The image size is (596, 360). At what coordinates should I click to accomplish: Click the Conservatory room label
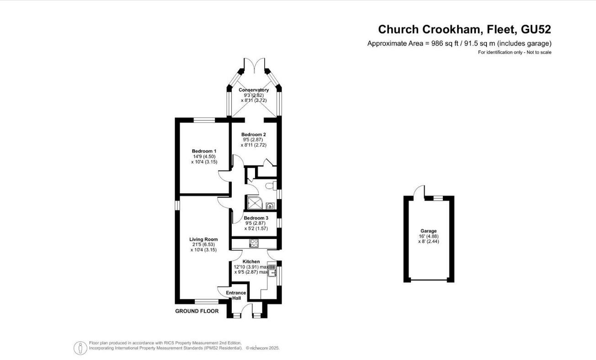click(254, 90)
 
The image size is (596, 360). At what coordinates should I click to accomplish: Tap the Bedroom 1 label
click(204, 151)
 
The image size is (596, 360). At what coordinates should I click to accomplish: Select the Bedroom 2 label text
click(254, 134)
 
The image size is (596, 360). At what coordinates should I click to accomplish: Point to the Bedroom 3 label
click(256, 218)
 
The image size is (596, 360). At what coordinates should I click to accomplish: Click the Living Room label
click(203, 239)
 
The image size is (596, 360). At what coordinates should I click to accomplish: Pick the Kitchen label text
click(251, 261)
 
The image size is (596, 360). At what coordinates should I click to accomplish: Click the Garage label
click(428, 231)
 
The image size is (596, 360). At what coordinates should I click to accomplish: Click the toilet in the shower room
click(273, 185)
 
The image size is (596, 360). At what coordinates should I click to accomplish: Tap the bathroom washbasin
click(271, 205)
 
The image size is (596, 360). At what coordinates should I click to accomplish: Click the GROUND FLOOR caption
click(197, 311)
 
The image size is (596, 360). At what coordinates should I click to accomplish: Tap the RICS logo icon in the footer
click(80, 348)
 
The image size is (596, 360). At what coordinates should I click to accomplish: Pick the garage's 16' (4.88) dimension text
click(428, 236)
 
